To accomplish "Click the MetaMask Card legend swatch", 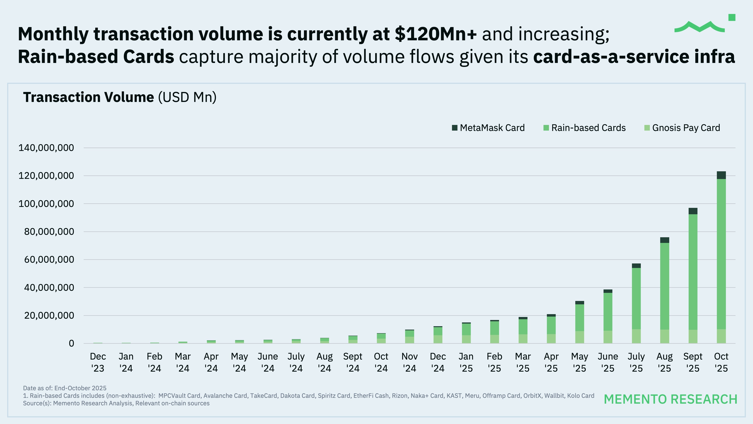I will [455, 128].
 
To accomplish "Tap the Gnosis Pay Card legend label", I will [686, 128].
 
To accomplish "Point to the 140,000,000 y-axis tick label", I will [46, 148].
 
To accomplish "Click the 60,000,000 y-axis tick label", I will [49, 259].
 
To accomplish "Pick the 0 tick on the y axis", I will [71, 344].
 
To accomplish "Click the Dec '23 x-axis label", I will [98, 362].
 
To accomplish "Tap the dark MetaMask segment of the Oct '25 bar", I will [721, 175].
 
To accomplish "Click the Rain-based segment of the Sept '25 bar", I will [693, 272].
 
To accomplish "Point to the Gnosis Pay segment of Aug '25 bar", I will [665, 337].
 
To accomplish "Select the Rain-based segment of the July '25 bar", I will [636, 298].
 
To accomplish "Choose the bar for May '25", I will [579, 322].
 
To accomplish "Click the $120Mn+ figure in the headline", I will [436, 34].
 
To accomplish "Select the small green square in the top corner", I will [732, 18].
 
